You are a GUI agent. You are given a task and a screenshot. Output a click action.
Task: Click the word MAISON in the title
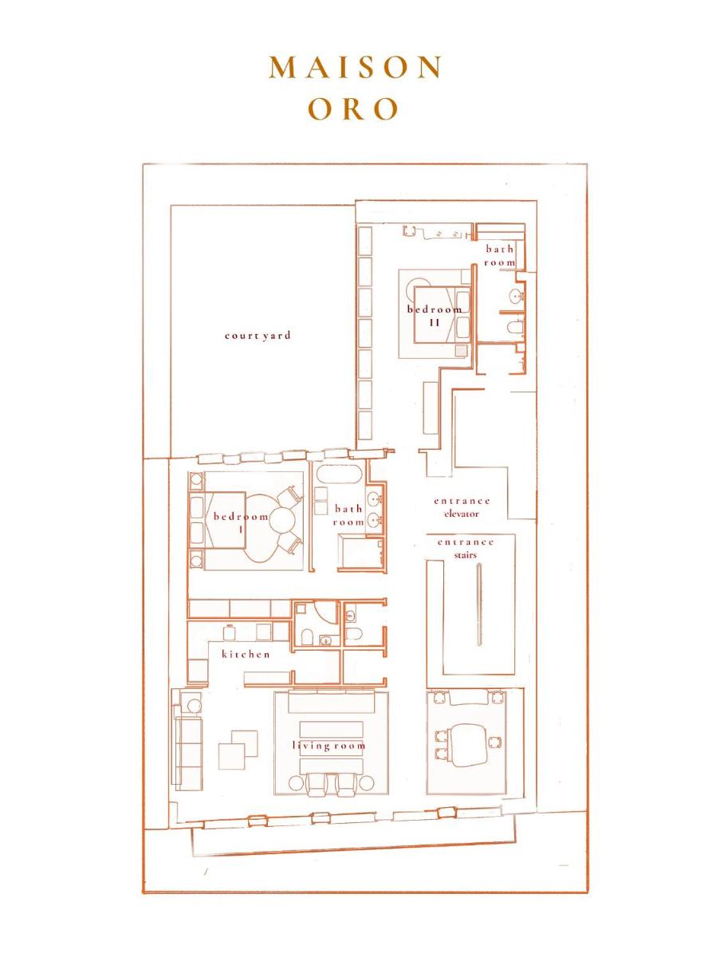pyautogui.click(x=356, y=68)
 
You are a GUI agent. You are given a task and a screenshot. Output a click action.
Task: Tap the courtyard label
pyautogui.click(x=258, y=336)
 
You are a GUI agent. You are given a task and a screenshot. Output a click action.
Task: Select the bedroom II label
pyautogui.click(x=435, y=316)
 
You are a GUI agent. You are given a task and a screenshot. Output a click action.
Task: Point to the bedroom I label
pyautogui.click(x=241, y=522)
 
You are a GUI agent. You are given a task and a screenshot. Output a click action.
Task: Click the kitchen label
pyautogui.click(x=246, y=655)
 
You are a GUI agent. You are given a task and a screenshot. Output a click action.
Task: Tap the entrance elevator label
pyautogui.click(x=462, y=507)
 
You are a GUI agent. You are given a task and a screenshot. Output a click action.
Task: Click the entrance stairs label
pyautogui.click(x=466, y=549)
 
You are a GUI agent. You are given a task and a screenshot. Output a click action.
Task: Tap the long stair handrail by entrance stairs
pyautogui.click(x=479, y=604)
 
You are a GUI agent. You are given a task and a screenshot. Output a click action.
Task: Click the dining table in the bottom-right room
pyautogui.click(x=468, y=746)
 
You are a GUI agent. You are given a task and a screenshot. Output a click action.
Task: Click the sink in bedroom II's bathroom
pyautogui.click(x=517, y=296)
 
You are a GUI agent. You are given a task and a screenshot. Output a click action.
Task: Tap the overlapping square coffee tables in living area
pyautogui.click(x=238, y=750)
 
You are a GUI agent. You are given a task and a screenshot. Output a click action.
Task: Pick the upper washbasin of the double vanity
pyautogui.click(x=374, y=498)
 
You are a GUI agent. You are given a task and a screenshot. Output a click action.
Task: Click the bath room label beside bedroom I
pyautogui.click(x=348, y=515)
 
